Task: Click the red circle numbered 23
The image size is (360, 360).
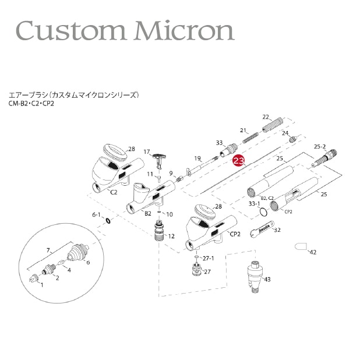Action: pos(238,161)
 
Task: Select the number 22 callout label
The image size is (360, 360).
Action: pos(266,117)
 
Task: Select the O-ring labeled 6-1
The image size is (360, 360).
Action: pos(108,221)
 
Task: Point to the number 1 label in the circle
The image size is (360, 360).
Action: pos(41,285)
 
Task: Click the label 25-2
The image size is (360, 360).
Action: pos(320,146)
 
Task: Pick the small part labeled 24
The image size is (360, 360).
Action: pos(293,139)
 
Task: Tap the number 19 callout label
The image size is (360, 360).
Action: pos(197,158)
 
